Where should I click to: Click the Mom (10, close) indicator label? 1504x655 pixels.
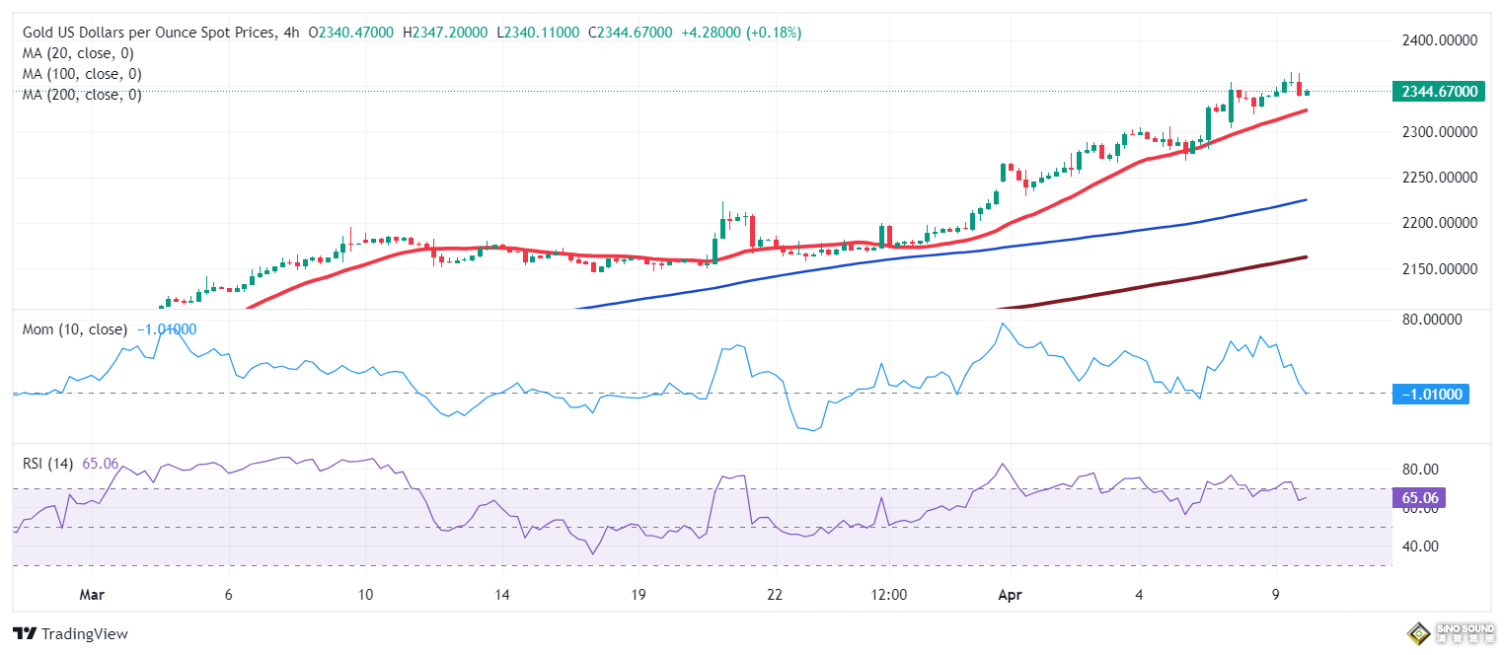coord(75,329)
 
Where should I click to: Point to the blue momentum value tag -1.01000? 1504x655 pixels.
coord(1431,395)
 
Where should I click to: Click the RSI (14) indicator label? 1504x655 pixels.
coord(48,464)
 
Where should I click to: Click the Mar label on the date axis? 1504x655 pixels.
coord(91,596)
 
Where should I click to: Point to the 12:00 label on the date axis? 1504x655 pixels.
coord(888,596)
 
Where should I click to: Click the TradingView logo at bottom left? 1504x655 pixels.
coord(70,634)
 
